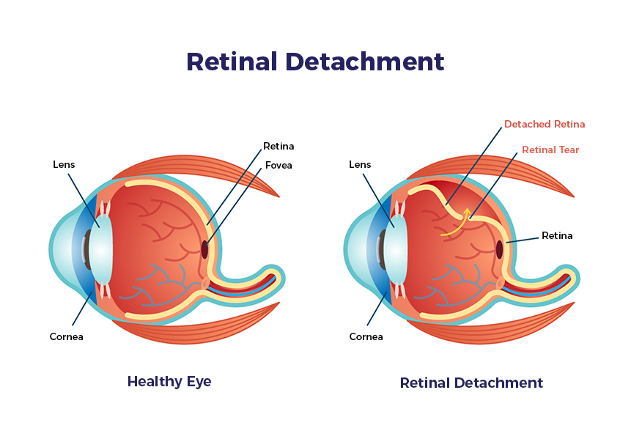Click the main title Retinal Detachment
[315, 62]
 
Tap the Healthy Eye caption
[169, 381]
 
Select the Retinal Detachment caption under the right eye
[471, 383]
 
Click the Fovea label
[278, 165]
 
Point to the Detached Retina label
[545, 125]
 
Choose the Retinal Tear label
[550, 150]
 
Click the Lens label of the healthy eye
[64, 164]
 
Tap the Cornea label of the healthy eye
[66, 336]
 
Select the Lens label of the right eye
[360, 164]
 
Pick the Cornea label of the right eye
[366, 336]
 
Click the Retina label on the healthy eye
[278, 146]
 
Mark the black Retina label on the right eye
[557, 235]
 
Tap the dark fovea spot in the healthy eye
[204, 249]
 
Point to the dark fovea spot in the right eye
[499, 249]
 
